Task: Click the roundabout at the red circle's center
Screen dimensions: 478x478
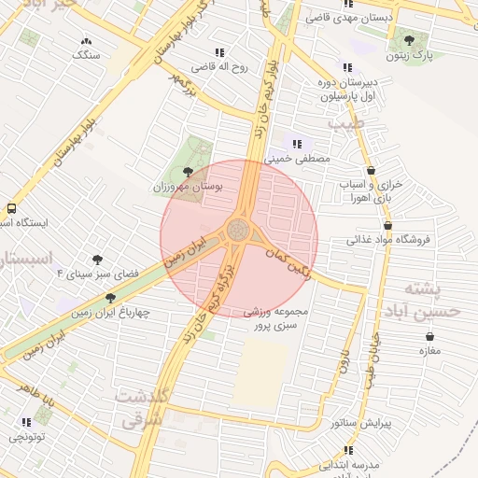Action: point(239,231)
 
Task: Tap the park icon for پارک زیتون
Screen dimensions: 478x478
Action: point(409,38)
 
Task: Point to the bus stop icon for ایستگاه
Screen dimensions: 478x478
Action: point(11,209)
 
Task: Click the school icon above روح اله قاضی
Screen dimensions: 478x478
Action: point(219,52)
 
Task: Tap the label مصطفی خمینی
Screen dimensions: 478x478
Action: point(298,160)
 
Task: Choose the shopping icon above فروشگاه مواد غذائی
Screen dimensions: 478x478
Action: point(387,225)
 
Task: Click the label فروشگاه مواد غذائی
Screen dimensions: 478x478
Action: point(387,240)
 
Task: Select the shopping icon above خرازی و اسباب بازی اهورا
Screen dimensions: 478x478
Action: point(373,171)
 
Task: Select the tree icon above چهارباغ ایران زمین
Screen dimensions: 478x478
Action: point(110,298)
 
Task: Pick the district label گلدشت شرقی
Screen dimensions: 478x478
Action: point(141,408)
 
